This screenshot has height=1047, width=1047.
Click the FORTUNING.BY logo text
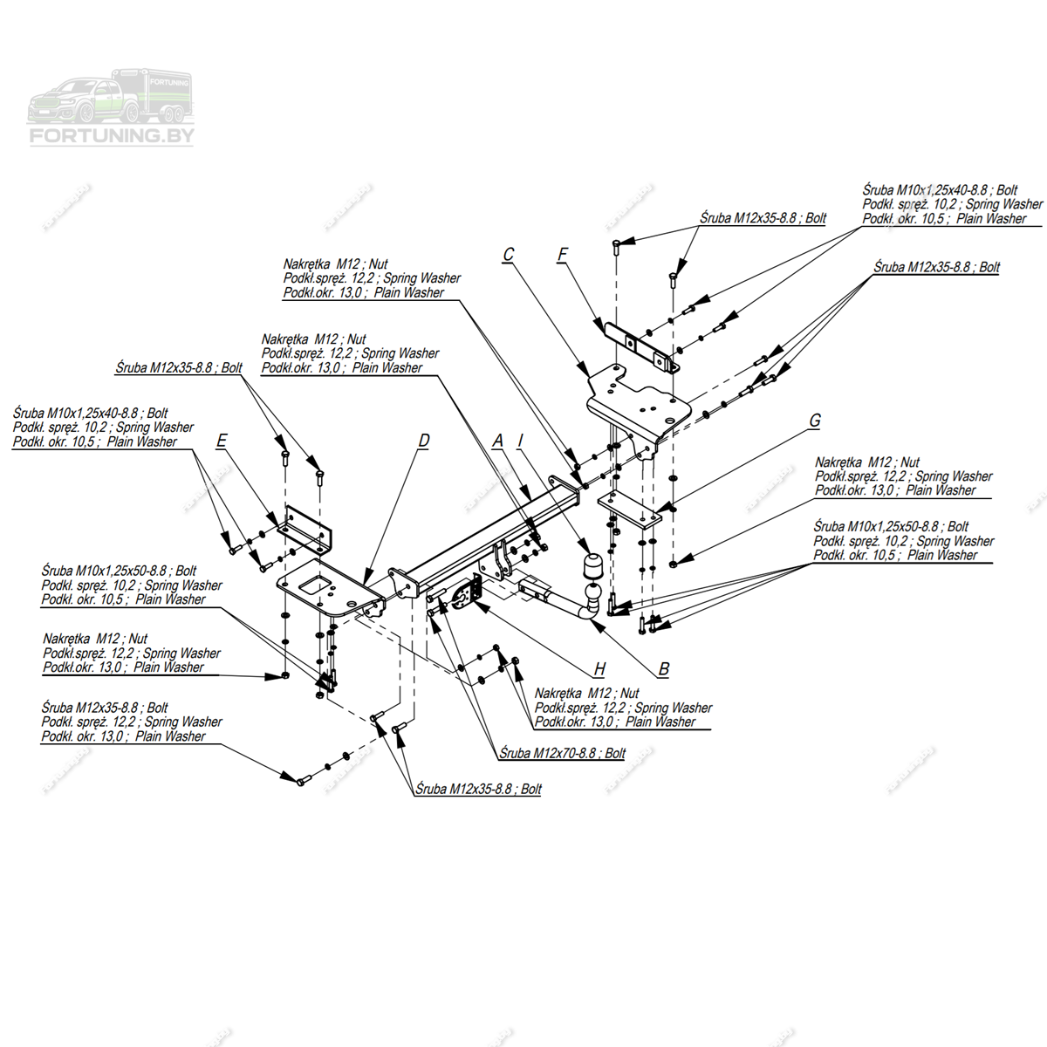click(x=112, y=135)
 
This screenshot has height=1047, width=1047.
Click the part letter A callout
click(x=498, y=441)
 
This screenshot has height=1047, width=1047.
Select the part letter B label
click(x=664, y=669)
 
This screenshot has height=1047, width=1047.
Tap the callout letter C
click(x=509, y=255)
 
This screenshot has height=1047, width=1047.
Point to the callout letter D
click(x=424, y=441)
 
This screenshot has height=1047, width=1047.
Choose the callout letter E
click(x=222, y=441)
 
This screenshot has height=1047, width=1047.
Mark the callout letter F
click(x=563, y=255)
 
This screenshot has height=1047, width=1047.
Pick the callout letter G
click(x=815, y=421)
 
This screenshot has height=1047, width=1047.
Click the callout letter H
click(x=599, y=669)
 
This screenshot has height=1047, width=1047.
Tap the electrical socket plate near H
click(x=464, y=593)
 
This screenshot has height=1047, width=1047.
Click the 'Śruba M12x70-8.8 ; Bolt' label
click(x=562, y=753)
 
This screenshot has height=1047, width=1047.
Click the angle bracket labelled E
click(x=305, y=528)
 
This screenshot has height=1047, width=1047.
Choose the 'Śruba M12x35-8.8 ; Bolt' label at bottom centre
click(x=478, y=789)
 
